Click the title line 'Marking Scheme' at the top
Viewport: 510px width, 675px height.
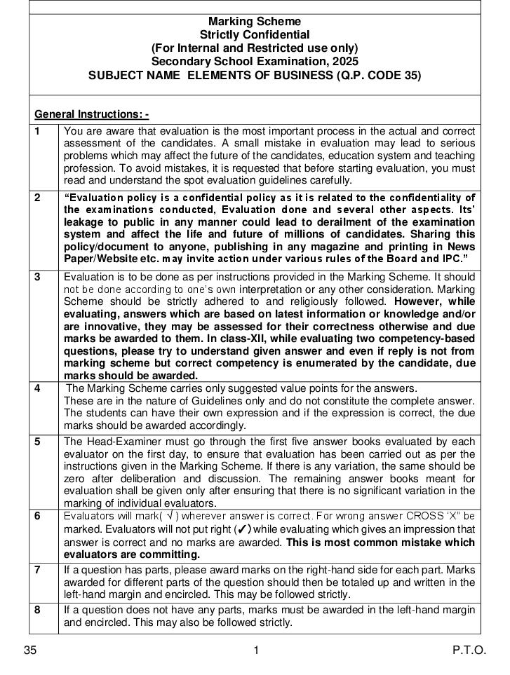point(255,22)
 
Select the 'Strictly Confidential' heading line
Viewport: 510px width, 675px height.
point(255,34)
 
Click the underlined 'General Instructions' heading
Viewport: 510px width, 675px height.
point(91,114)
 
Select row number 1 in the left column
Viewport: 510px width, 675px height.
point(37,130)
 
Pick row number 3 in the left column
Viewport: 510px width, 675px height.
point(37,277)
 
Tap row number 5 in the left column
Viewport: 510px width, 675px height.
point(37,442)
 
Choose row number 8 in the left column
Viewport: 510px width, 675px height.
point(37,610)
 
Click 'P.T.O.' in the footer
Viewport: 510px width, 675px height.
point(469,650)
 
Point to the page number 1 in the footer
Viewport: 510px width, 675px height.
point(256,650)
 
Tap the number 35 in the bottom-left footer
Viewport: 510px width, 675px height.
point(30,650)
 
